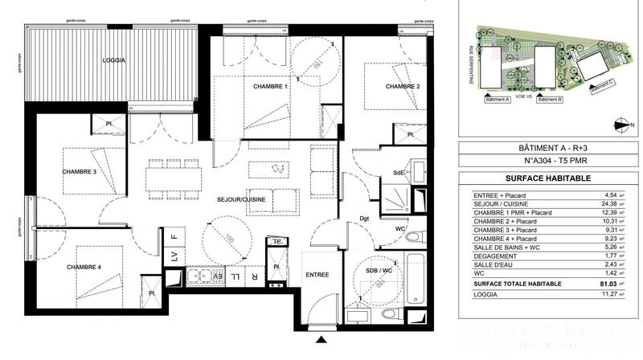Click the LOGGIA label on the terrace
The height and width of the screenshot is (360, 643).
tap(114, 61)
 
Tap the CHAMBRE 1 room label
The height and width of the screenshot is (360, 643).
tap(270, 87)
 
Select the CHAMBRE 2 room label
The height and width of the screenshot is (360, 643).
tap(403, 87)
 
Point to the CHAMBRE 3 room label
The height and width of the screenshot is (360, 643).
tap(79, 171)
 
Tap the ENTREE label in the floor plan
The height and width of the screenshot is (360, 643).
tap(317, 275)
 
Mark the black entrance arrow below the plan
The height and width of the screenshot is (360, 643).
tap(322, 338)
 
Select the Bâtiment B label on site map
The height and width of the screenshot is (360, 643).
tap(550, 100)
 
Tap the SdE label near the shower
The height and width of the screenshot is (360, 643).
tap(398, 173)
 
